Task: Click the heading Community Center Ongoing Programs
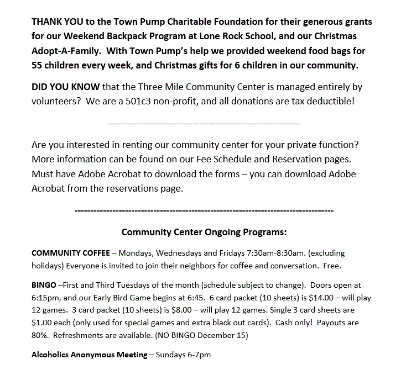tap(204, 232)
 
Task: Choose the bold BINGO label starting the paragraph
tap(44, 286)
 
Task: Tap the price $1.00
tap(44, 322)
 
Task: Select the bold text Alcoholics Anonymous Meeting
tap(90, 355)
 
